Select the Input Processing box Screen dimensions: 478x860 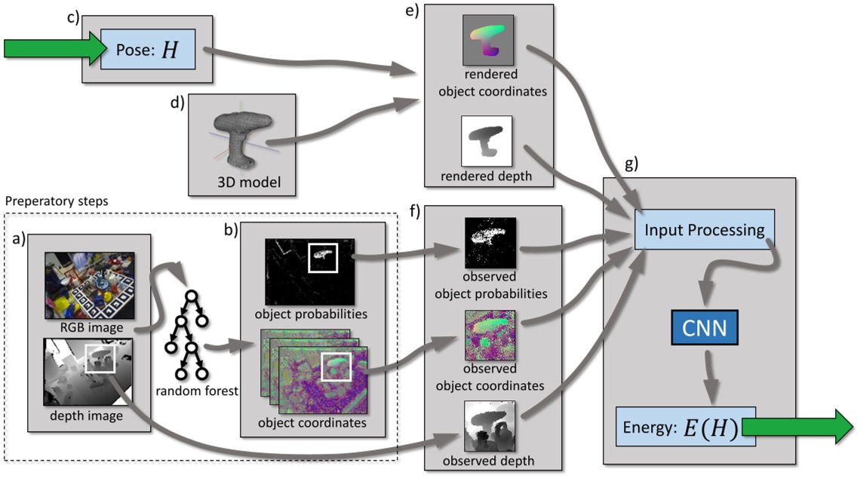(x=704, y=230)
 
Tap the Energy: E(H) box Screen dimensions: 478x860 (x=677, y=427)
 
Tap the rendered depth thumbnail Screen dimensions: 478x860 (x=487, y=141)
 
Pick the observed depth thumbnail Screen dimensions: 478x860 (x=489, y=425)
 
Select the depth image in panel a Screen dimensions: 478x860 (x=89, y=372)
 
